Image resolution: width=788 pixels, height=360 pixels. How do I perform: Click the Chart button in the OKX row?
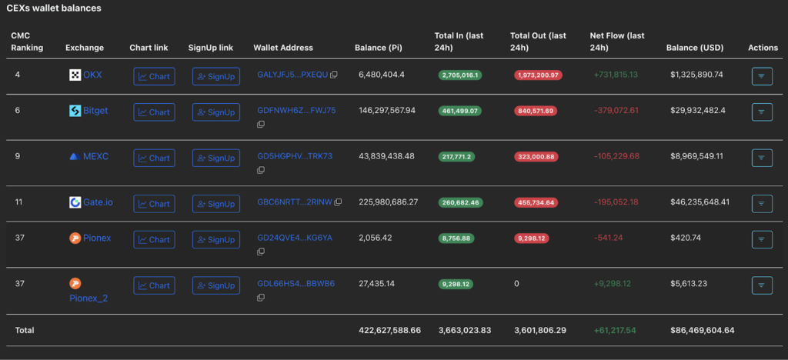[x=154, y=76]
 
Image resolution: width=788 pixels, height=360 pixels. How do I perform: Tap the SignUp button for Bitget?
[x=215, y=112]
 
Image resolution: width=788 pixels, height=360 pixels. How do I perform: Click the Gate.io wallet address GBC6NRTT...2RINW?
[x=294, y=202]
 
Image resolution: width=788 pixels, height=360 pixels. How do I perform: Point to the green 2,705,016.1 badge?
[x=460, y=75]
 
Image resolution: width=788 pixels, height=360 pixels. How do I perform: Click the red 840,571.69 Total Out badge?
[x=537, y=111]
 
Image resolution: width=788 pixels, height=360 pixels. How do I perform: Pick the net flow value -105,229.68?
[x=616, y=156]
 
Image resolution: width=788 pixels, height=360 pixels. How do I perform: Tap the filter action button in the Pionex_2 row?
[x=761, y=285]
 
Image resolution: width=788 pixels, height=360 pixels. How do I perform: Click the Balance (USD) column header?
[x=694, y=48]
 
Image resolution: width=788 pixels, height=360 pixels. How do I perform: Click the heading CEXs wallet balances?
[x=54, y=8]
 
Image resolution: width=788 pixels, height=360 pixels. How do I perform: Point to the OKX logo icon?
[x=75, y=75]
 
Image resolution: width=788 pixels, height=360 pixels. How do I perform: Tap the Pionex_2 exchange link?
[x=88, y=298]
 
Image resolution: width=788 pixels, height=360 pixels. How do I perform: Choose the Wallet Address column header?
[x=283, y=48]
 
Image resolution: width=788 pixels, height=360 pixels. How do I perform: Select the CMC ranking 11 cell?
[x=19, y=202]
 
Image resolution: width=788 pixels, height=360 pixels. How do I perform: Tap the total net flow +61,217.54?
[x=615, y=330]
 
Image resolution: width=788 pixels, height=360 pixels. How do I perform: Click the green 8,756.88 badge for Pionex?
[x=460, y=238]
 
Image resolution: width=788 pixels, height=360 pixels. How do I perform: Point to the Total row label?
[x=25, y=330]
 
